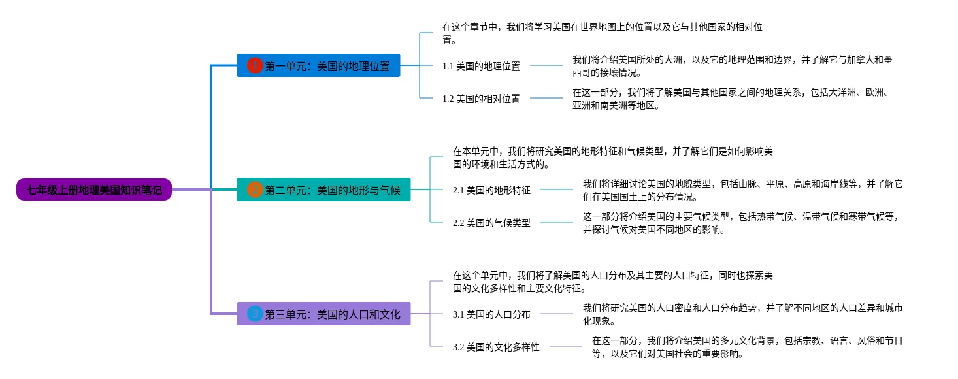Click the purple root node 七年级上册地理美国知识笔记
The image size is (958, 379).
point(94,189)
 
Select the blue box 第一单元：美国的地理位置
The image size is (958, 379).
point(319,65)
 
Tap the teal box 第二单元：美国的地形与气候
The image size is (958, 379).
point(323,189)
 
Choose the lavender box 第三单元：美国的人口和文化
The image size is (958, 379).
point(323,314)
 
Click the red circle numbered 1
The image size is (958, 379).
point(255,65)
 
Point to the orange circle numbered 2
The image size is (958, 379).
point(255,189)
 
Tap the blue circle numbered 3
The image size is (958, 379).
point(255,314)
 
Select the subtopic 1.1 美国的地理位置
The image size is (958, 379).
point(481,66)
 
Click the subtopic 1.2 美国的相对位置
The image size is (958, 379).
point(481,99)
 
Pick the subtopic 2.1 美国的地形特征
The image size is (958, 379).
point(491,190)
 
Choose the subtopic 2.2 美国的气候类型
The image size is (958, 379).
point(491,222)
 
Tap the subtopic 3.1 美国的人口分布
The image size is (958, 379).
point(491,314)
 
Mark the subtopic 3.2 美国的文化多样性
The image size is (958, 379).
point(496,346)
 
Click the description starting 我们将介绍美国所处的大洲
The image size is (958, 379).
point(732,66)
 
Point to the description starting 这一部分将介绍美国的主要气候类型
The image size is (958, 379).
point(742,222)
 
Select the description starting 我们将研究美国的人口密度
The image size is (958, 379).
point(742,314)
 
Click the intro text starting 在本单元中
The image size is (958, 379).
point(612,157)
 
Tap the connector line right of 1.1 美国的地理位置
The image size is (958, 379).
point(546,65)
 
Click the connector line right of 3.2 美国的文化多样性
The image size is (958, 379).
point(565,346)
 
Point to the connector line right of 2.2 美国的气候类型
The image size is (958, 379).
point(556,222)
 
